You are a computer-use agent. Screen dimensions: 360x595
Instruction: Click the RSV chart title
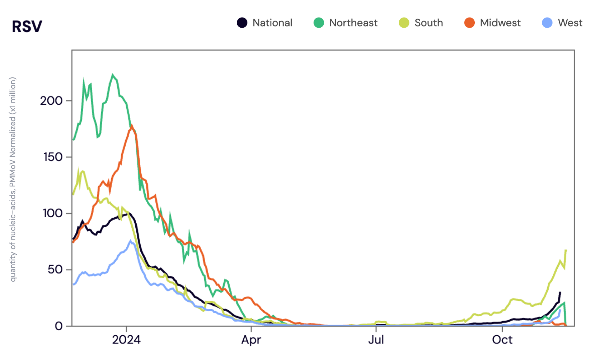point(27,26)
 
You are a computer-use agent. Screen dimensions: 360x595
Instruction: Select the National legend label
point(272,23)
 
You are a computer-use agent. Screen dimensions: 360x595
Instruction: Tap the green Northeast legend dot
point(319,23)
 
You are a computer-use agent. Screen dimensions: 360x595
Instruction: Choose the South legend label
point(428,23)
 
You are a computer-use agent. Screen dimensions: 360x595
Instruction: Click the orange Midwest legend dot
point(469,23)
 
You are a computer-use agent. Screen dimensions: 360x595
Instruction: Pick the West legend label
point(570,23)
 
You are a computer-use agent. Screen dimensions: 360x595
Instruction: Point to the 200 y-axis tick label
point(51,101)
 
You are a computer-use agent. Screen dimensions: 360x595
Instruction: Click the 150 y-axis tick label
point(53,157)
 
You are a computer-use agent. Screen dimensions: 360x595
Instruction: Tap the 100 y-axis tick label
point(52,213)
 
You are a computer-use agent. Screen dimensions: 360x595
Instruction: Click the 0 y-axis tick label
point(58,326)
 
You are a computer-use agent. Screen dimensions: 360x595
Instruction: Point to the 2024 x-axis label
point(126,340)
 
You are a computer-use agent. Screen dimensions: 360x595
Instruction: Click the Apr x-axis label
point(251,340)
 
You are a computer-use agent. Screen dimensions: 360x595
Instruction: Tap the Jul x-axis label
point(376,340)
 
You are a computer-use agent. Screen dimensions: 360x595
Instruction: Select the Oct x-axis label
point(502,340)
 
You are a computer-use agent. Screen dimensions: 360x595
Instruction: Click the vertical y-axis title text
point(13,179)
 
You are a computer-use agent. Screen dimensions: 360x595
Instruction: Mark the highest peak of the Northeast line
point(113,75)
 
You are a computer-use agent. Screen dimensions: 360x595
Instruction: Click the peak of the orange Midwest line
point(132,125)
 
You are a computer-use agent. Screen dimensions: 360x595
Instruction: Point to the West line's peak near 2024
point(131,241)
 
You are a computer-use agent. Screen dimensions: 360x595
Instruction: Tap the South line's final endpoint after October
point(566,250)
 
